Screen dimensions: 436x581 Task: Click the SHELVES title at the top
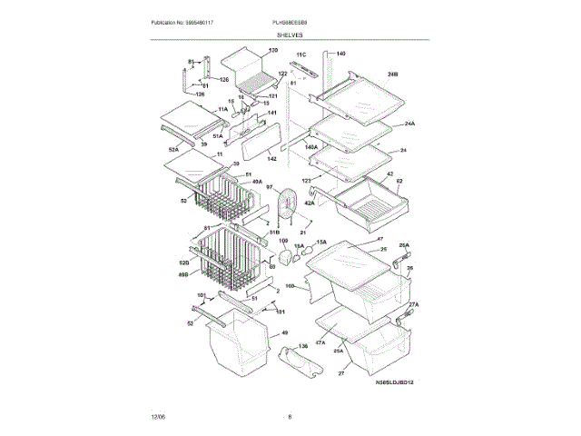290,35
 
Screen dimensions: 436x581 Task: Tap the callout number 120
272,51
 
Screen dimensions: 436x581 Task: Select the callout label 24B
393,73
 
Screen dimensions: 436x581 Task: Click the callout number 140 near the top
340,54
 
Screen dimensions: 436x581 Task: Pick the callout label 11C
301,54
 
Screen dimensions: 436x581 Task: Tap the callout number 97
270,186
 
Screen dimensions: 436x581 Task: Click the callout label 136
304,345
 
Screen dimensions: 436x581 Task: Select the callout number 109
283,242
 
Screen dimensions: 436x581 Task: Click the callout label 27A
413,304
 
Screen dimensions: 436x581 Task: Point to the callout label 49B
182,273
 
